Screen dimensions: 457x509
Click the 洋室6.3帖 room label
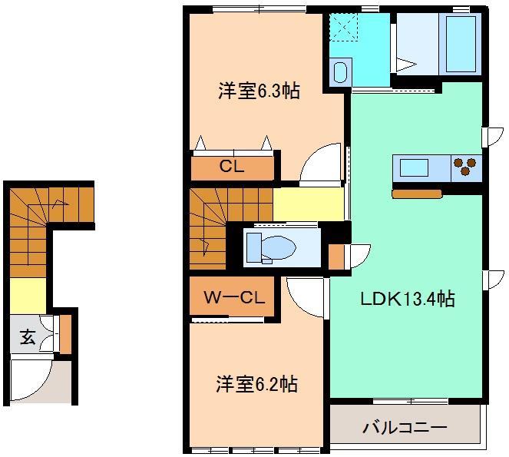258,91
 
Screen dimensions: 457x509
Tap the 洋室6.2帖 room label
256,382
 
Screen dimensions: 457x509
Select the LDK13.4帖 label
408,299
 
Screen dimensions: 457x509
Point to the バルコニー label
405,426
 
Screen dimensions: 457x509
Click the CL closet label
232,167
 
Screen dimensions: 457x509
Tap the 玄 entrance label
28,336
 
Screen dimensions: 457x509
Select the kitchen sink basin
414,167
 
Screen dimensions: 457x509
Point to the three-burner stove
465,167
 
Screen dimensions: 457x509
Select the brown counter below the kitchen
416,194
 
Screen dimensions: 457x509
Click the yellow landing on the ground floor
28,295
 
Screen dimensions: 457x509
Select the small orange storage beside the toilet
335,256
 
